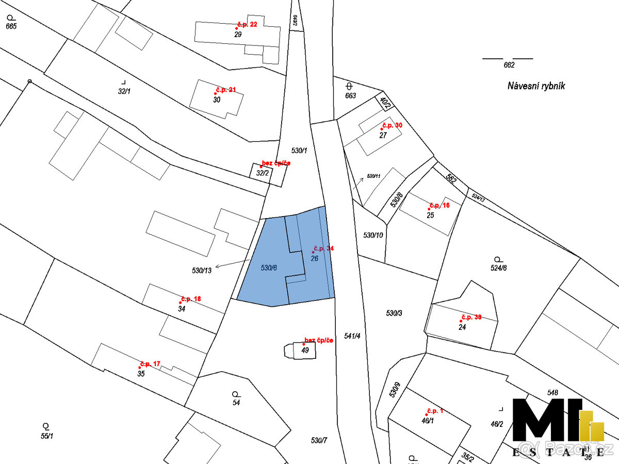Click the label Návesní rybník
click(536, 86)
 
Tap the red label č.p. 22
click(247, 24)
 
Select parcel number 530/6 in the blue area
click(269, 268)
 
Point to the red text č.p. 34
click(323, 248)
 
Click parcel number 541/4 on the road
click(352, 336)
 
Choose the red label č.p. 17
click(150, 364)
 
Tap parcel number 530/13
click(202, 270)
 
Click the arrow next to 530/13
click(232, 263)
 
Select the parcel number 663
click(351, 95)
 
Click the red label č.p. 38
click(471, 317)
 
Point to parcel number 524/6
click(498, 268)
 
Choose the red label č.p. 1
click(435, 411)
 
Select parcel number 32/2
click(263, 173)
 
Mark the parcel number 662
click(509, 65)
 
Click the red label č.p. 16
click(439, 205)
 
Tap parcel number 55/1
click(47, 436)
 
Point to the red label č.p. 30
click(392, 125)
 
